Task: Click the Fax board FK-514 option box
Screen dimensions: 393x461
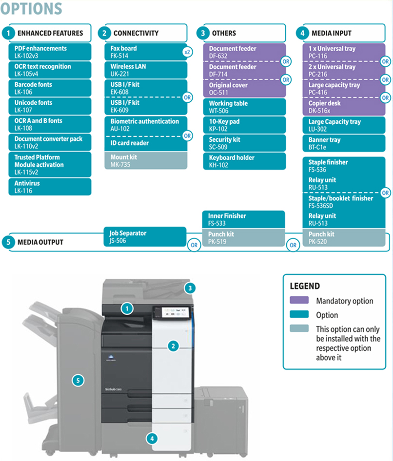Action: click(x=146, y=52)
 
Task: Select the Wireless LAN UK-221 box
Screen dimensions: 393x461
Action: click(x=146, y=70)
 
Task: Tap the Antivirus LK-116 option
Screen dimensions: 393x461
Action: click(x=50, y=187)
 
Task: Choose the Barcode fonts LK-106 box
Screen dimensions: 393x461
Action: click(x=50, y=88)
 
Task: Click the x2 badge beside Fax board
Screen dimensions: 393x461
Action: click(x=187, y=52)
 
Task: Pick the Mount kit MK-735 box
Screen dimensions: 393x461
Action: click(x=146, y=160)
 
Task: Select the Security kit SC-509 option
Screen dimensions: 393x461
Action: click(x=244, y=143)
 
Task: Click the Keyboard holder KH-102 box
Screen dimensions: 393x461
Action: click(x=244, y=161)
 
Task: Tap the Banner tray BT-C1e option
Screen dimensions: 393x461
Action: click(x=344, y=143)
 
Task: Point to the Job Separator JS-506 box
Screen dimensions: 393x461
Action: click(x=145, y=237)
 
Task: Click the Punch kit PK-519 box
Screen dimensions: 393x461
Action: click(x=244, y=237)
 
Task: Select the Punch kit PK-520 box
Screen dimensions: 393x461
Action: click(x=344, y=237)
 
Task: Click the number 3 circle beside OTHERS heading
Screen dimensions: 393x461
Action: click(x=203, y=33)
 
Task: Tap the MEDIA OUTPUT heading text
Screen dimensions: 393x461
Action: click(x=40, y=242)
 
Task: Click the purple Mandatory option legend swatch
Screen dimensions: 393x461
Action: click(x=299, y=300)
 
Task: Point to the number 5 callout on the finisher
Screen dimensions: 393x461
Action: click(x=78, y=381)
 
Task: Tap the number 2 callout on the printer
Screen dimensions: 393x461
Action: click(x=173, y=346)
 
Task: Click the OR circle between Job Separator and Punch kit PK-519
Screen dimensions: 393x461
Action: click(x=194, y=245)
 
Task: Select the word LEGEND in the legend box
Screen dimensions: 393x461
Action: click(x=305, y=286)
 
